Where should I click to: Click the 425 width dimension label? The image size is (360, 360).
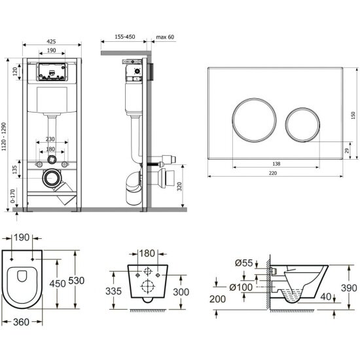tap(51, 41)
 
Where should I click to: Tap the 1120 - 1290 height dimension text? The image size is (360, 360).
tap(4, 137)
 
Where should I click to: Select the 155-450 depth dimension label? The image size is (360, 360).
tap(125, 37)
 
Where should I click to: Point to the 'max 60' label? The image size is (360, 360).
tap(165, 37)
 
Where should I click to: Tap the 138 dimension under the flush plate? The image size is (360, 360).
tap(276, 164)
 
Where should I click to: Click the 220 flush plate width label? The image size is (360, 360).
tap(273, 173)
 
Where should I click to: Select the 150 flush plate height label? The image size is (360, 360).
tap(353, 115)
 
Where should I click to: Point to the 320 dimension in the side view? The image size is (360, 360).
tap(179, 187)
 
